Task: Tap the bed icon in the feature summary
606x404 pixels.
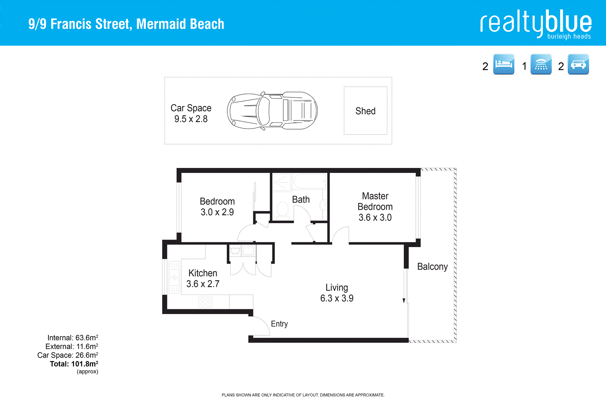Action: [504, 64]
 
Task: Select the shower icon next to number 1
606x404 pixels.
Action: [541, 64]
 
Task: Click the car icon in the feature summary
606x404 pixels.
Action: [578, 64]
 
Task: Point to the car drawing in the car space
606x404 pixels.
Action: [272, 111]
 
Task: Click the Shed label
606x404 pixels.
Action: [365, 111]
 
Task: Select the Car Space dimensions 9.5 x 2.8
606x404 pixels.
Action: [191, 119]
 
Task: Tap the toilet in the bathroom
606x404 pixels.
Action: [283, 210]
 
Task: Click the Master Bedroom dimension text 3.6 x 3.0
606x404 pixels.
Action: [375, 218]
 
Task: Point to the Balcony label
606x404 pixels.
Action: [432, 267]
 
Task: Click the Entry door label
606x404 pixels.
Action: [279, 324]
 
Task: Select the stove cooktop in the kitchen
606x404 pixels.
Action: [205, 302]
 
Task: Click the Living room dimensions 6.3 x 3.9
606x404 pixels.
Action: [337, 298]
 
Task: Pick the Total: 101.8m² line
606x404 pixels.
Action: [74, 364]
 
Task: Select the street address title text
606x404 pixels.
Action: [126, 24]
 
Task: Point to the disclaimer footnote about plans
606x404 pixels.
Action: [303, 395]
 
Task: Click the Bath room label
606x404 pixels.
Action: [301, 200]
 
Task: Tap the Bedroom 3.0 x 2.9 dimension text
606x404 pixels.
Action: [217, 212]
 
